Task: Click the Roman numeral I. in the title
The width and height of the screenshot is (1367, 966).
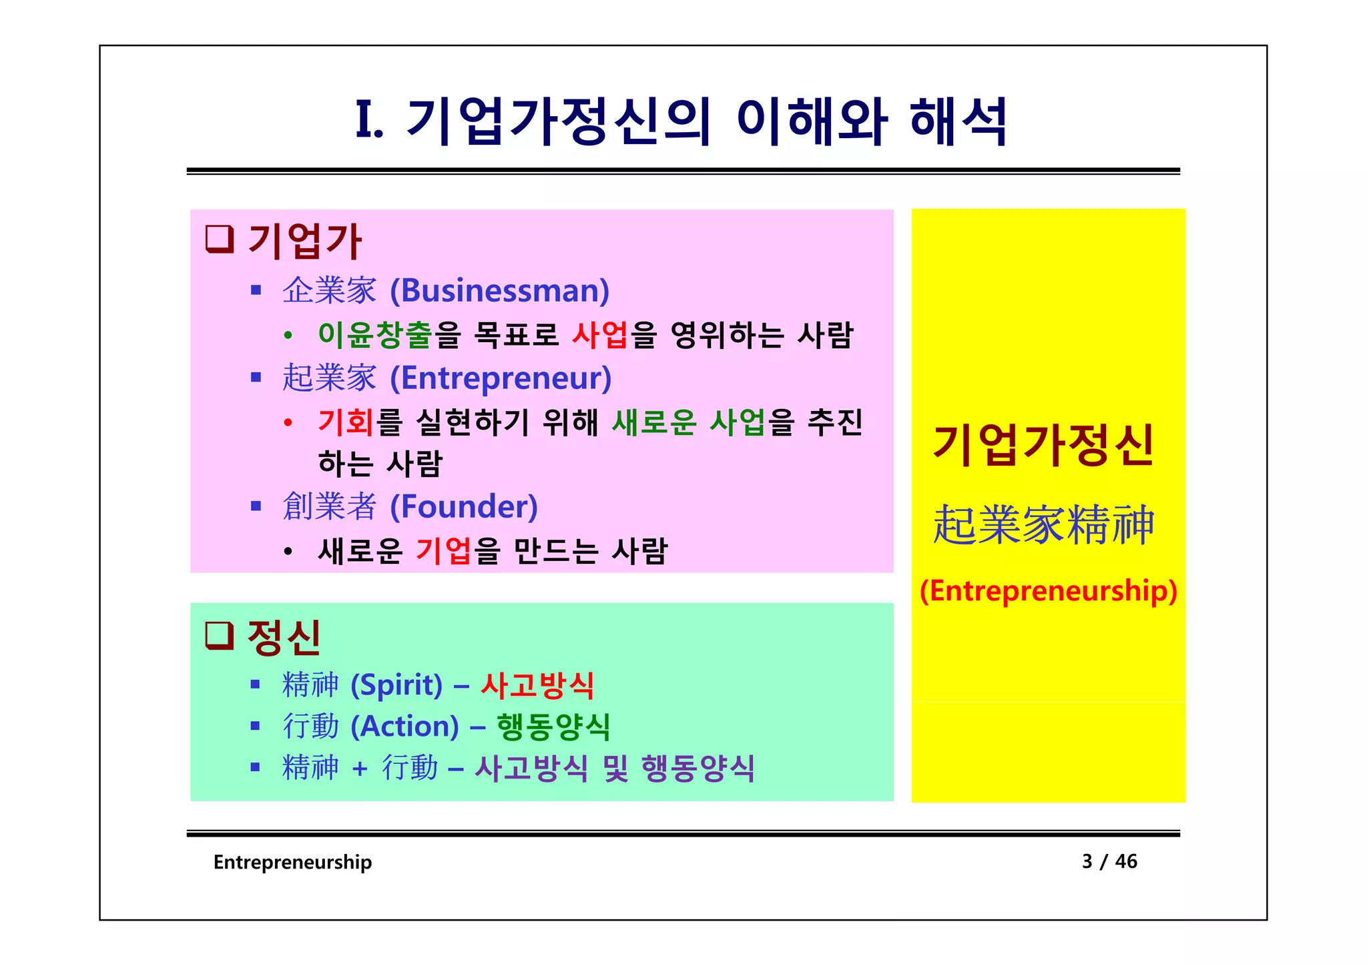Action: tap(369, 121)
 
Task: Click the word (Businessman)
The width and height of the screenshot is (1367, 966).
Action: tap(499, 291)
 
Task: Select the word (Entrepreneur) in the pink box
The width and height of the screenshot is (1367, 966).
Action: tap(501, 378)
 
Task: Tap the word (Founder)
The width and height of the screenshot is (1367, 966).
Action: tap(464, 507)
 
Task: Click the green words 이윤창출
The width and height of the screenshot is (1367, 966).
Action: tap(375, 335)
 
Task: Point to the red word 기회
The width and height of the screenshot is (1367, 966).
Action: tap(346, 422)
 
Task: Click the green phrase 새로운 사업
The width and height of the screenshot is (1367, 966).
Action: tap(688, 422)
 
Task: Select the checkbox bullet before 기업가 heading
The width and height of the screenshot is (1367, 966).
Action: tap(219, 239)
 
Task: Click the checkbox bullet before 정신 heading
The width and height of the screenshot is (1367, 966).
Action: tap(219, 635)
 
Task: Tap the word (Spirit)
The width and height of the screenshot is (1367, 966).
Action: tap(396, 685)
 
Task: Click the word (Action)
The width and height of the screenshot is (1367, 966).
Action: tap(404, 727)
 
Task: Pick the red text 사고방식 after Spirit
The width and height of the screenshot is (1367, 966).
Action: tap(537, 685)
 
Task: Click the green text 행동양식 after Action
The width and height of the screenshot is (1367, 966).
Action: tap(553, 727)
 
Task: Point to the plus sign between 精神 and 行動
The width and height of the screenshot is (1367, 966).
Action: tap(360, 769)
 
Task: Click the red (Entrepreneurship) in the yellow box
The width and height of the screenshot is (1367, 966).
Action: tap(1048, 591)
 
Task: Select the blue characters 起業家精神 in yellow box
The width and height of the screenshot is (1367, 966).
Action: tap(1043, 525)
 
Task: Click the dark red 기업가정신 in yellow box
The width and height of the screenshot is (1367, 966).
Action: tap(1043, 445)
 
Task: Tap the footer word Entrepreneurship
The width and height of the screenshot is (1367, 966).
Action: tap(292, 862)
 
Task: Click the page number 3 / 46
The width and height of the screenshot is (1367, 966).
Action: tap(1109, 861)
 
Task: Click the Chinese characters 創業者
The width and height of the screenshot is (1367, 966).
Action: tap(330, 507)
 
